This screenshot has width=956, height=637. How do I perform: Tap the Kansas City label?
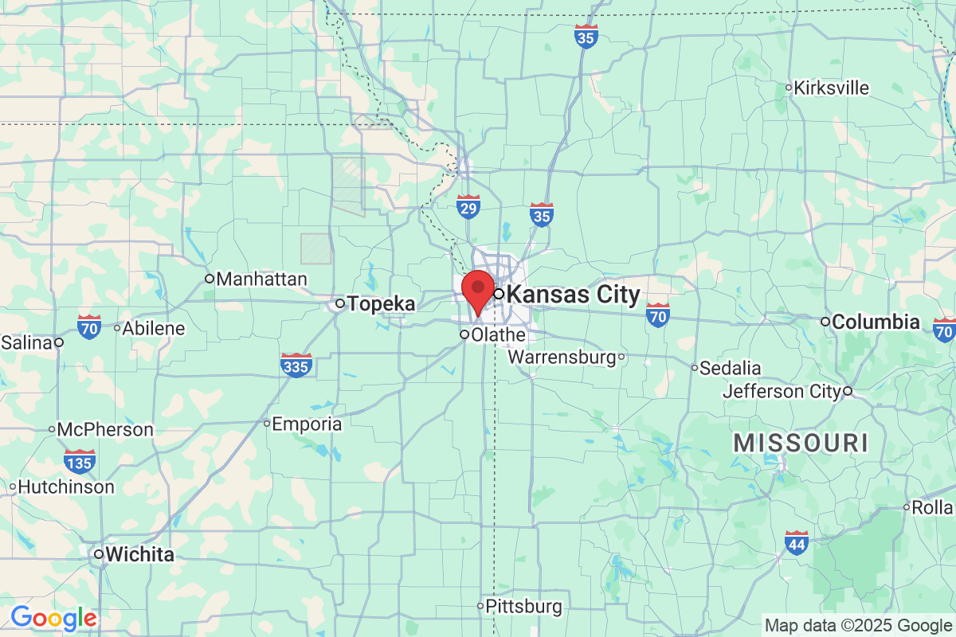click(572, 295)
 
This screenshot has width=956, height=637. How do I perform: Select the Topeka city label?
click(382, 303)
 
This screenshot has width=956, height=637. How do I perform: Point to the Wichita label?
click(139, 554)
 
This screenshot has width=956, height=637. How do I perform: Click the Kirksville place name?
click(831, 88)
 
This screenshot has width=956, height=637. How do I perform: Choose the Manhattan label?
click(261, 279)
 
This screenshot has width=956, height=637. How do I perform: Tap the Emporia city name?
click(307, 424)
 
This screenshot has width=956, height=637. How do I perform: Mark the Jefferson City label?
click(782, 392)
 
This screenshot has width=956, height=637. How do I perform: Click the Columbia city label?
click(875, 322)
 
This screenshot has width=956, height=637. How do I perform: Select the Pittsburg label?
click(523, 607)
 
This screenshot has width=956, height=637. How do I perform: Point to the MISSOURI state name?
click(801, 443)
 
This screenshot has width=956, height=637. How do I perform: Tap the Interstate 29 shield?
click(468, 207)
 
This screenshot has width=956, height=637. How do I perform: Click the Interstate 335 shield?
click(296, 365)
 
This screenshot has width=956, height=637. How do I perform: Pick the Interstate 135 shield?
click(80, 461)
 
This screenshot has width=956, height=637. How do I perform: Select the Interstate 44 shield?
click(796, 543)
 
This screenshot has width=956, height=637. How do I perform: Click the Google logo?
click(53, 617)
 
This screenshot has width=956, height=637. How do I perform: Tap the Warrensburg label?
click(562, 357)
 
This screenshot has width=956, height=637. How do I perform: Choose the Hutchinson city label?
click(66, 487)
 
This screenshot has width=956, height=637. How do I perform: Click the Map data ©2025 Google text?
click(858, 625)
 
